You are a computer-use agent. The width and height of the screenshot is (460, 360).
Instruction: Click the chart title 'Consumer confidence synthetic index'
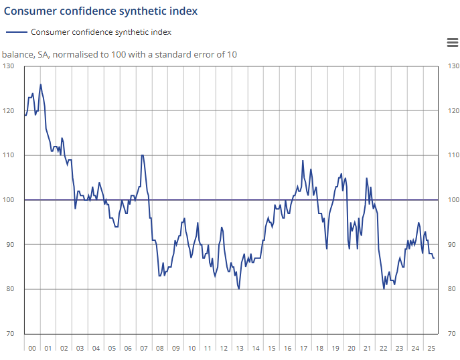tap(100, 11)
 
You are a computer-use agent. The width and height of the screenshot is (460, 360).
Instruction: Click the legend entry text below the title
tap(101, 32)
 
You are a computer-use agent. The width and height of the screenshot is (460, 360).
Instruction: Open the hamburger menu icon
tap(452, 43)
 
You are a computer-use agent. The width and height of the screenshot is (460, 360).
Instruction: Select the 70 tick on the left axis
tap(9, 334)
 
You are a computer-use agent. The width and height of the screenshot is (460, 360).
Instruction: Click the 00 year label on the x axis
tap(31, 349)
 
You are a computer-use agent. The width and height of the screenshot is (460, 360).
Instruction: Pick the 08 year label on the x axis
tap(159, 349)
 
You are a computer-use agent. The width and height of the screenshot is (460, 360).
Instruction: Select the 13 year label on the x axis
tap(240, 349)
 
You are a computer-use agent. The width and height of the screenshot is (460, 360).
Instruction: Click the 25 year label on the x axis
tap(431, 349)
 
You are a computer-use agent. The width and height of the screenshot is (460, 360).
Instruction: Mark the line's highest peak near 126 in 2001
tap(41, 84)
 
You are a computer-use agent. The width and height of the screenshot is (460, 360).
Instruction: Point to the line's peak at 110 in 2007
tap(142, 155)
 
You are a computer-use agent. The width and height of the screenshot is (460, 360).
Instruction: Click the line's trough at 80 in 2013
tap(239, 289)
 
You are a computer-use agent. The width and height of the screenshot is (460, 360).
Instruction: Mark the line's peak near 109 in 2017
tap(303, 161)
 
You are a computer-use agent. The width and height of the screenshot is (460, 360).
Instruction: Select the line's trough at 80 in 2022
tap(384, 289)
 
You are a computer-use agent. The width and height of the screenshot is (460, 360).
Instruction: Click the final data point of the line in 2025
tap(434, 258)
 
